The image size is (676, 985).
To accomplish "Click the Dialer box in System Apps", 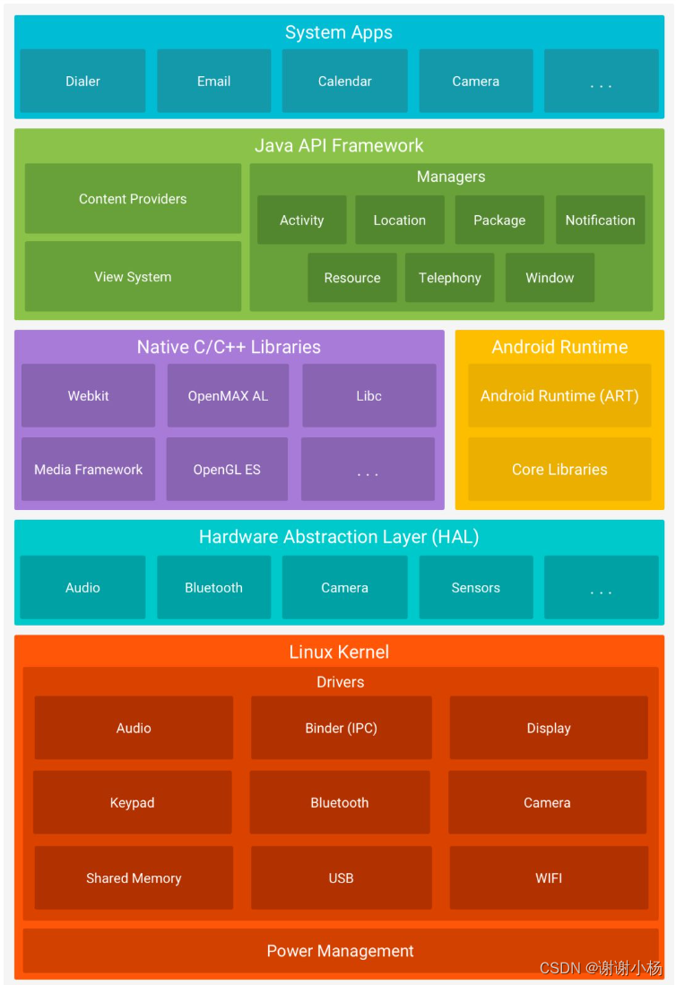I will coord(82,82).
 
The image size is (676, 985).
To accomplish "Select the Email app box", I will coord(213,82).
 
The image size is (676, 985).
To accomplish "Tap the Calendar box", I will coord(344,82).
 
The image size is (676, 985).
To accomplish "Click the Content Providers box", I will coord(133,199).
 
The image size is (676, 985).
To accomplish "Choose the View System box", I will coord(133,277).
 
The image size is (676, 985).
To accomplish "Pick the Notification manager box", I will coord(600,220).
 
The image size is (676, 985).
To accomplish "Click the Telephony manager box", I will coord(449,278).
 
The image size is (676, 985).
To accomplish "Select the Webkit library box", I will coord(88,396).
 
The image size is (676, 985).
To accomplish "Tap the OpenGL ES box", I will coord(227,470).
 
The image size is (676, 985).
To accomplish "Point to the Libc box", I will coord(368,396).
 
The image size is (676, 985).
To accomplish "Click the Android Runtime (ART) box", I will coord(559,396).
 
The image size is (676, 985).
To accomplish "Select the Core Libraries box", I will coord(559,470).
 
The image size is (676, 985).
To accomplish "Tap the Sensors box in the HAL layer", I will coord(475,588).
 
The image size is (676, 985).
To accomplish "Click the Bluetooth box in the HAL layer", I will coord(213,588).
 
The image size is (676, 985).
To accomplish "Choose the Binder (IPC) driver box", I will coord(341,729).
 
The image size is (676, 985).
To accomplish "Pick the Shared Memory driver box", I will coord(134,878).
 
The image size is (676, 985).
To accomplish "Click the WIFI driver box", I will coord(549,878).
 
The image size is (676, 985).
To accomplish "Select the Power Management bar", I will coord(340,951).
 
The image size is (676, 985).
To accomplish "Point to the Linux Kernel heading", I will coord(339,652).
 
